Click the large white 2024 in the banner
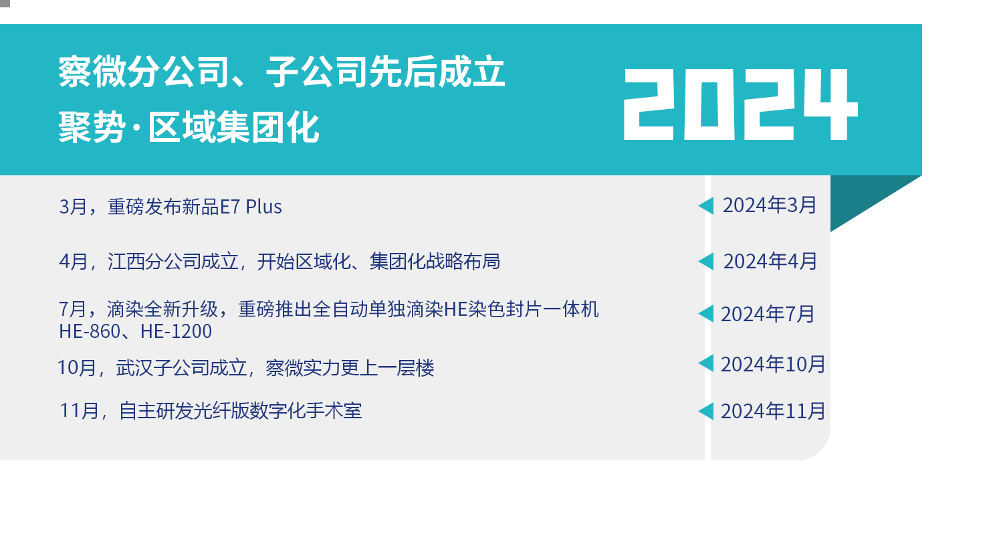[741, 104]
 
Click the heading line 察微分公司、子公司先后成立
[282, 72]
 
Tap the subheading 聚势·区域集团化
[189, 128]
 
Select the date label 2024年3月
[770, 205]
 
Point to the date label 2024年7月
[768, 314]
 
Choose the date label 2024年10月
[773, 364]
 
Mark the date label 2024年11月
[773, 411]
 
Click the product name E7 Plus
[251, 207]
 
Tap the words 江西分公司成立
[173, 261]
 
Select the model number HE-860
[90, 332]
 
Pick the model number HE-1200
[176, 332]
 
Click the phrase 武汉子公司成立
[182, 368]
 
